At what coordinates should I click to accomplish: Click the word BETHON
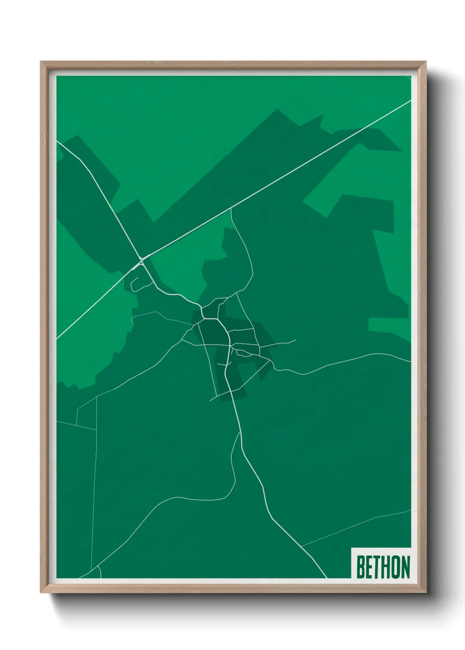coord(383,567)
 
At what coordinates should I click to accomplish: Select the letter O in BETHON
coord(394,567)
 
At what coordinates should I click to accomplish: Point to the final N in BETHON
coord(405,567)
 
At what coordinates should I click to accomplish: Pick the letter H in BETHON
coord(384,567)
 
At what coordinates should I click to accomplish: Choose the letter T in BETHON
coord(375,567)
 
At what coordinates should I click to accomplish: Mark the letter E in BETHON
coord(368,567)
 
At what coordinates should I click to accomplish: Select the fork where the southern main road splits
coord(241,433)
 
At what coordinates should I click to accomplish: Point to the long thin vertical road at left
coord(94,483)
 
